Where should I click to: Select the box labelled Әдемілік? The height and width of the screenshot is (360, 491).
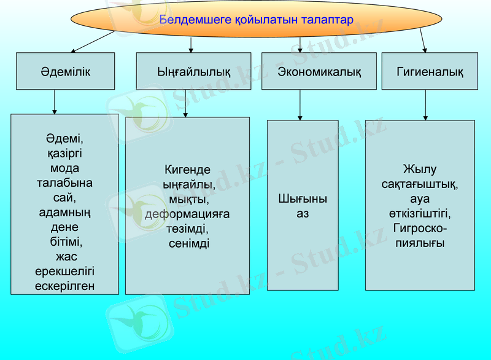point(65,72)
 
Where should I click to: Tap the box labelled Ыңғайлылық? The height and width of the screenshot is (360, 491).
point(193,72)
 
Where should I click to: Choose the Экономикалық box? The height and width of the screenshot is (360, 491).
point(319,72)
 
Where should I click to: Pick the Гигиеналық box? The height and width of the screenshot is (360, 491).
point(430,72)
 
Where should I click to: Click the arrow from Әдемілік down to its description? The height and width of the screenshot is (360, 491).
point(55,102)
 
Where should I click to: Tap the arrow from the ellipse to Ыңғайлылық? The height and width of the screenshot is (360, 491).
point(191,44)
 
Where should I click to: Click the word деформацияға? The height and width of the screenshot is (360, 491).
point(187,214)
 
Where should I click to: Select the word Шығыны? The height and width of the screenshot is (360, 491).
point(303,199)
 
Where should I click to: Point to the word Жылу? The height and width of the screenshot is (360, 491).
point(420,170)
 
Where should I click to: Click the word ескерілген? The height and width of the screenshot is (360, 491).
point(65,286)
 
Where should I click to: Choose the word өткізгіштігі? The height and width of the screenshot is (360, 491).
point(420,214)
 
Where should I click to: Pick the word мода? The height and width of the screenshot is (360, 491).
point(65,168)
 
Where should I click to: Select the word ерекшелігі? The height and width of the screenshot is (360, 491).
point(65,271)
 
